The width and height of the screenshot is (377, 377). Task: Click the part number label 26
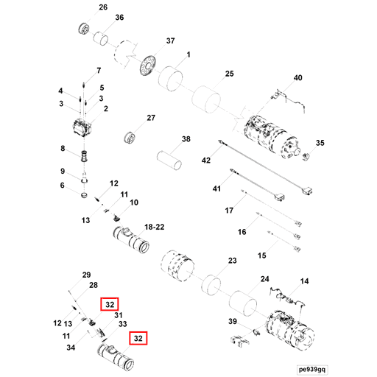pos(102,7)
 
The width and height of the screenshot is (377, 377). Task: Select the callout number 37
pos(170,40)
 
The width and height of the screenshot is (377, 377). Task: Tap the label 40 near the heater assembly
pos(298,78)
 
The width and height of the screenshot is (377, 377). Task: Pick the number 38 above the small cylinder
pos(186,138)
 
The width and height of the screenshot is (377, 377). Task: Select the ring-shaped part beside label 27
pos(133,137)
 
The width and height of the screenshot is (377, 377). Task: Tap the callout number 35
pos(320,143)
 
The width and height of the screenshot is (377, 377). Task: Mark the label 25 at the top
pos(229,74)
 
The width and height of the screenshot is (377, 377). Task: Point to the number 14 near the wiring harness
pos(304,281)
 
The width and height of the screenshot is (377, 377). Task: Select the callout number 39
pos(232,322)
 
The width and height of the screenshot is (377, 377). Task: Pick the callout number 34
pos(70,348)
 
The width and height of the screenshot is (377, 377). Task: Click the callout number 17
pos(229,211)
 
